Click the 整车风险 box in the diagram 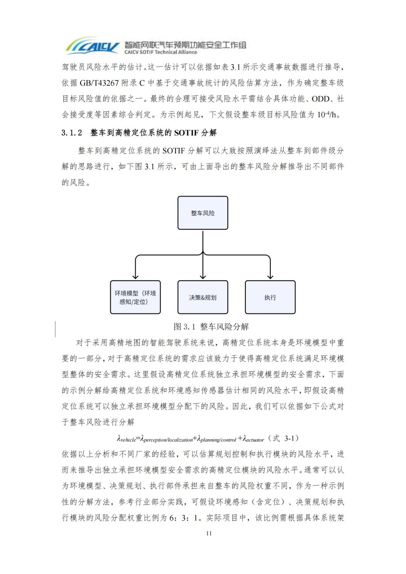(x=203, y=213)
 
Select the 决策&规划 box (x=203, y=297)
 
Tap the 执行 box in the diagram (x=270, y=297)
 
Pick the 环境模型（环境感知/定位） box (x=135, y=297)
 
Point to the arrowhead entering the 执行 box (x=270, y=277)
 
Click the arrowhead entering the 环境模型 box (x=135, y=277)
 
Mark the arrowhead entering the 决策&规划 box (x=203, y=277)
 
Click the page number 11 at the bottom (x=209, y=533)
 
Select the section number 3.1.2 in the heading (x=72, y=133)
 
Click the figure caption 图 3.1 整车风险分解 (x=211, y=326)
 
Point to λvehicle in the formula (x=126, y=439)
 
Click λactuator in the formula (x=253, y=439)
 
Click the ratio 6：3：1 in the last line (x=185, y=518)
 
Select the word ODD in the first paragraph (x=320, y=99)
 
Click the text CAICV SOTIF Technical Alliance (x=161, y=52)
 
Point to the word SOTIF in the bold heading (x=186, y=133)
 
